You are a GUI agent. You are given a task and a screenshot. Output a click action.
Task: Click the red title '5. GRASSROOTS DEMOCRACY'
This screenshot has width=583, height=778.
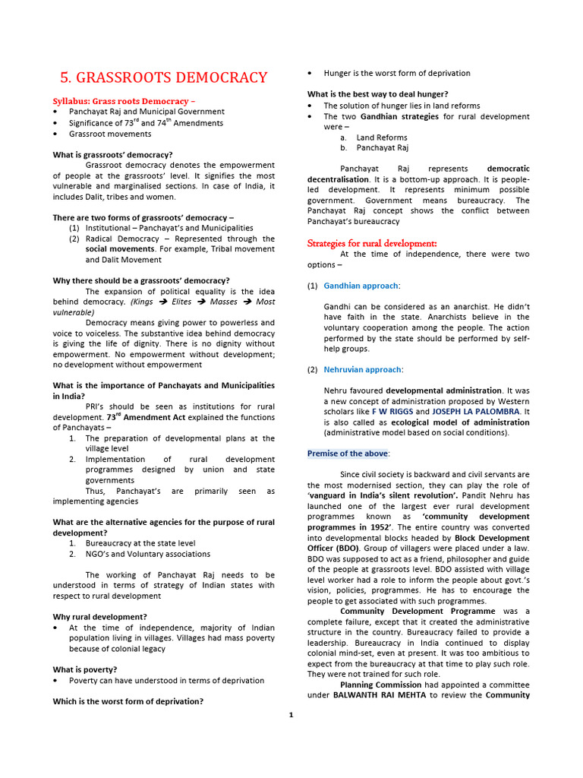(x=163, y=77)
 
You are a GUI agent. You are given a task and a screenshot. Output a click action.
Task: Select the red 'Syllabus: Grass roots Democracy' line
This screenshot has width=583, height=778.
(x=124, y=101)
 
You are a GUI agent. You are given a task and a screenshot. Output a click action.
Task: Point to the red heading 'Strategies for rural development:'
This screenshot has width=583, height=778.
(x=372, y=243)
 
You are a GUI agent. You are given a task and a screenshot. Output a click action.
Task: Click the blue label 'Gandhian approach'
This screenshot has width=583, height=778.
(x=361, y=286)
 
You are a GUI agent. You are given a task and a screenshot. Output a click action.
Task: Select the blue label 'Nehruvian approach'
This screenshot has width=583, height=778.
(x=362, y=369)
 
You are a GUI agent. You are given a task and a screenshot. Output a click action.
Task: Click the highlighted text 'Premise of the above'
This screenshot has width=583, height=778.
(x=348, y=454)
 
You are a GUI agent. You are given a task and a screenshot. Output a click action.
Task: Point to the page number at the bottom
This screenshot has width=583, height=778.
(x=291, y=714)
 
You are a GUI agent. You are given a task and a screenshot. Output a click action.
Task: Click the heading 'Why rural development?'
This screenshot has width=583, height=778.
(x=99, y=616)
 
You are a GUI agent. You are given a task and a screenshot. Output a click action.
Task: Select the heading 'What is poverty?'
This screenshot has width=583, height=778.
(x=85, y=669)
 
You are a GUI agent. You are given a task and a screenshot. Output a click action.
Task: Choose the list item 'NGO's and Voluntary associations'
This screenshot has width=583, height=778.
(x=148, y=554)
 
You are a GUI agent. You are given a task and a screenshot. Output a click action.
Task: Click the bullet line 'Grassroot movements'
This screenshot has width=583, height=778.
(x=110, y=134)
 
